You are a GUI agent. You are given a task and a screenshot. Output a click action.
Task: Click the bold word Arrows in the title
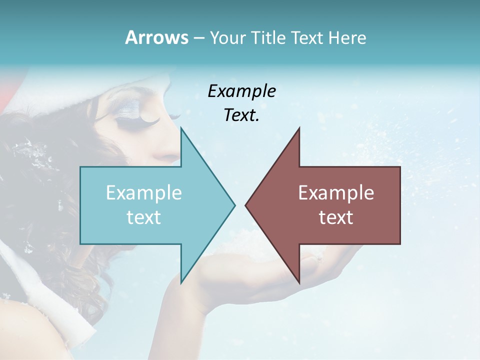[156, 37]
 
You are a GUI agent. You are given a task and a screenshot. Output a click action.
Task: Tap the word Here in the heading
[347, 37]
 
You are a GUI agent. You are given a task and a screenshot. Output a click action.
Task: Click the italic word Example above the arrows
[241, 91]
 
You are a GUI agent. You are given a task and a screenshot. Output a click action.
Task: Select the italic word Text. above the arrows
[241, 115]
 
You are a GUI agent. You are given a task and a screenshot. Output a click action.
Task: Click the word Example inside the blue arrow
[143, 192]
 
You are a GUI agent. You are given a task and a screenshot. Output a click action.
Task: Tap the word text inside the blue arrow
[143, 217]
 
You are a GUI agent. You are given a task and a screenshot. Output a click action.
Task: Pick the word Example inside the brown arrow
[336, 192]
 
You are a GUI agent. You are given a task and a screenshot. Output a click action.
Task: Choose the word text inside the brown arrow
[336, 217]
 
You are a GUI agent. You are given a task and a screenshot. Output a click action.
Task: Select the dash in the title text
[198, 38]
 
